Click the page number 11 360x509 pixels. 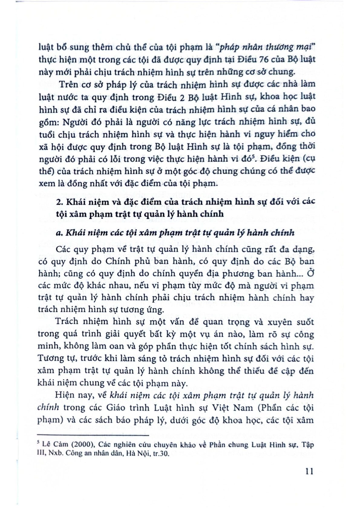[309, 471]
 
